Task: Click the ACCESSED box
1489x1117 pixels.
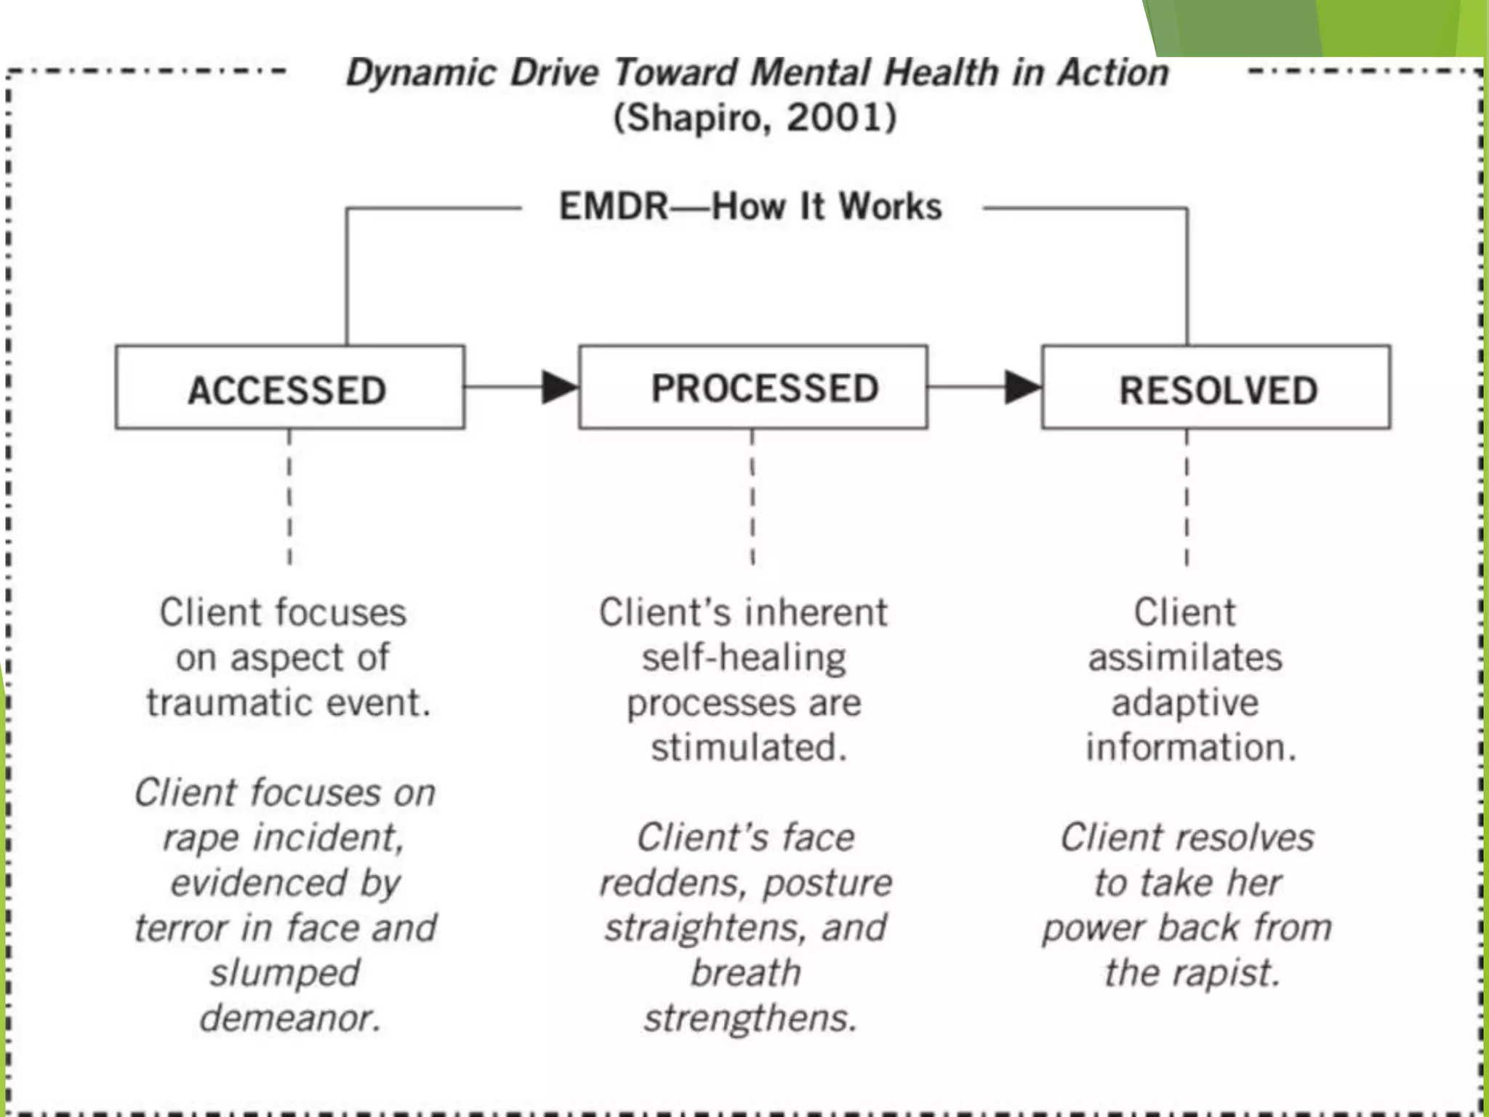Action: click(289, 388)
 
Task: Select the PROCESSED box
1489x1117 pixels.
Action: click(752, 388)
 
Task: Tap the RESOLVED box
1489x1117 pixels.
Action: click(1216, 388)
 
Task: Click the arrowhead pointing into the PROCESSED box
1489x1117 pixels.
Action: click(559, 387)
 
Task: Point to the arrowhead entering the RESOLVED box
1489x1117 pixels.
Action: click(1022, 387)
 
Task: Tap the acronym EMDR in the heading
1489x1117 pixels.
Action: click(613, 207)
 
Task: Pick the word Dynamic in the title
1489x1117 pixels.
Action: click(421, 73)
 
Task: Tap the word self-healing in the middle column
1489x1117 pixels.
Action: click(744, 658)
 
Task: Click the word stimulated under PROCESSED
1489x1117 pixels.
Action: click(748, 748)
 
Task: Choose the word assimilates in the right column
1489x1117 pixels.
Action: click(1185, 658)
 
